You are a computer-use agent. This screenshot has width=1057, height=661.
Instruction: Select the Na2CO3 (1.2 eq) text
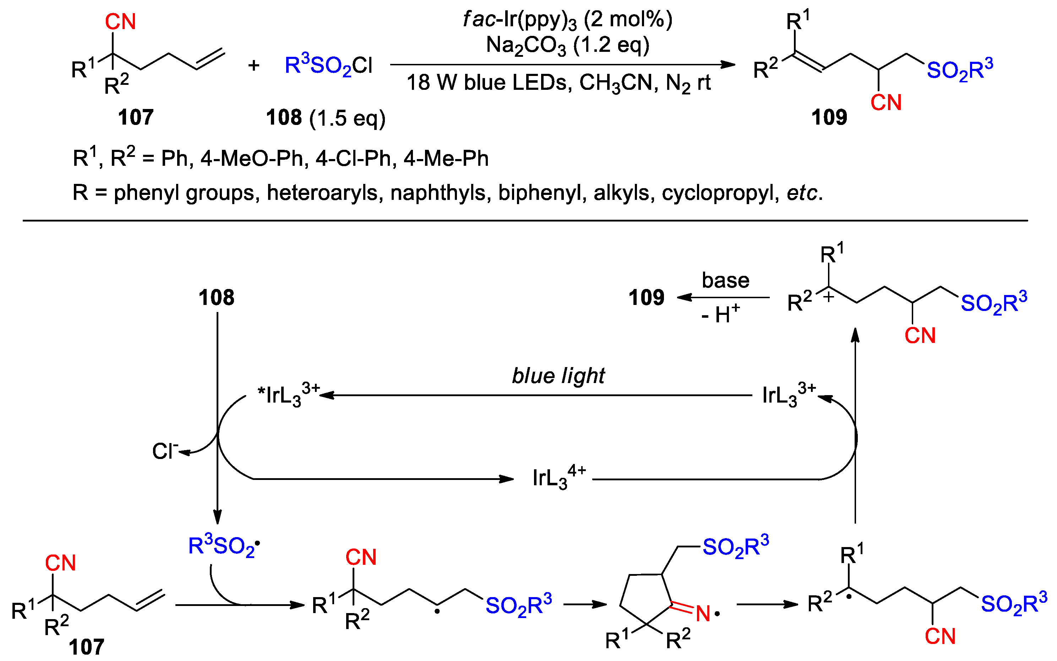click(567, 45)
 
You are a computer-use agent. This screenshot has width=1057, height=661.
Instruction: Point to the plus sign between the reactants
click(254, 66)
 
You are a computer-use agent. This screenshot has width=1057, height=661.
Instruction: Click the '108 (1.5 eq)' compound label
click(325, 118)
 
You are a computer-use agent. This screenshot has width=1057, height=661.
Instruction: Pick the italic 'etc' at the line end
click(802, 193)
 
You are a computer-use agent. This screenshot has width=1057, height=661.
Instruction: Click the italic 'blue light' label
click(558, 376)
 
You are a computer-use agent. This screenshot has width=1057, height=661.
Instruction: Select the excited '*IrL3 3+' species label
click(289, 394)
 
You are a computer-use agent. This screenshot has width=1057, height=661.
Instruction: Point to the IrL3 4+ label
click(559, 477)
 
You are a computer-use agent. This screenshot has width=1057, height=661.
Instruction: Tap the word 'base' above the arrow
click(725, 280)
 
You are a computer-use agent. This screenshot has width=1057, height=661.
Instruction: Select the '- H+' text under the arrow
click(720, 314)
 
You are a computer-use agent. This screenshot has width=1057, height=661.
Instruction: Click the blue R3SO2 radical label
click(223, 546)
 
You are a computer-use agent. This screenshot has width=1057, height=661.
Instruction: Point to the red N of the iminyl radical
click(703, 613)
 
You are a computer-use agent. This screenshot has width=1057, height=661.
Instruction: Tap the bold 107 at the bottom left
click(87, 646)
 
